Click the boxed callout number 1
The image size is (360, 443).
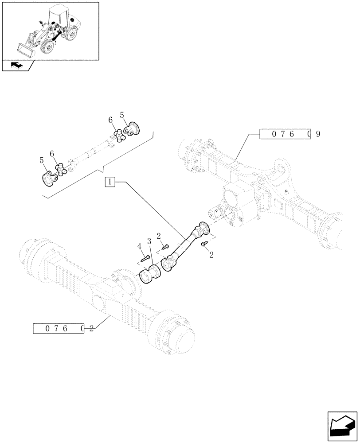(x=110, y=182)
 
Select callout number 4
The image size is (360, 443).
(x=139, y=246)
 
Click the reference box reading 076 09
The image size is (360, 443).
(x=284, y=134)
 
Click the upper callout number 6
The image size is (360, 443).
(x=110, y=120)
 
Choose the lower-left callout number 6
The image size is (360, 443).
(x=52, y=153)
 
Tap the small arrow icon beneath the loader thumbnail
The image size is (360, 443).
(x=17, y=66)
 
